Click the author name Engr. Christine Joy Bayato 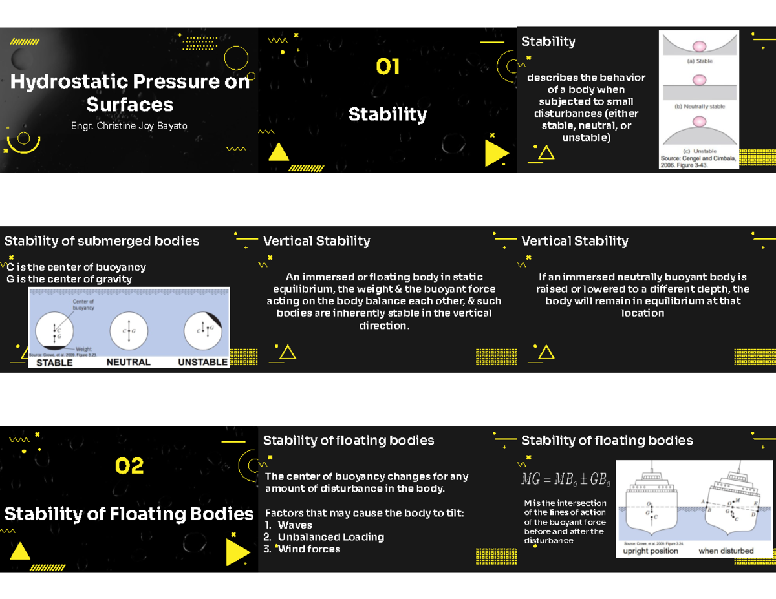[x=129, y=126]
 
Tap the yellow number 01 [x=388, y=67]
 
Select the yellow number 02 [x=129, y=466]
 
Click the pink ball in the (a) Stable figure [x=699, y=47]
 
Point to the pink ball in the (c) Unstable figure [x=699, y=121]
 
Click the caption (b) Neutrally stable [x=699, y=107]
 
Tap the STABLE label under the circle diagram [x=54, y=363]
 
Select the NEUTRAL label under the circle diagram [x=129, y=363]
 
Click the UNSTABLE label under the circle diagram [x=203, y=363]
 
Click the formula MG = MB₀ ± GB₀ [x=566, y=480]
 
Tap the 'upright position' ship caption [x=651, y=551]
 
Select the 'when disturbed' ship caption [x=726, y=551]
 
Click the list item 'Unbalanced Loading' [x=330, y=538]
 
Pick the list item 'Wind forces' [x=308, y=549]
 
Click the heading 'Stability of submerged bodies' [x=102, y=241]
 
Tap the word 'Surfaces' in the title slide [x=129, y=105]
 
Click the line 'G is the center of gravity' [x=69, y=279]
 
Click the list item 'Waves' [x=295, y=525]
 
